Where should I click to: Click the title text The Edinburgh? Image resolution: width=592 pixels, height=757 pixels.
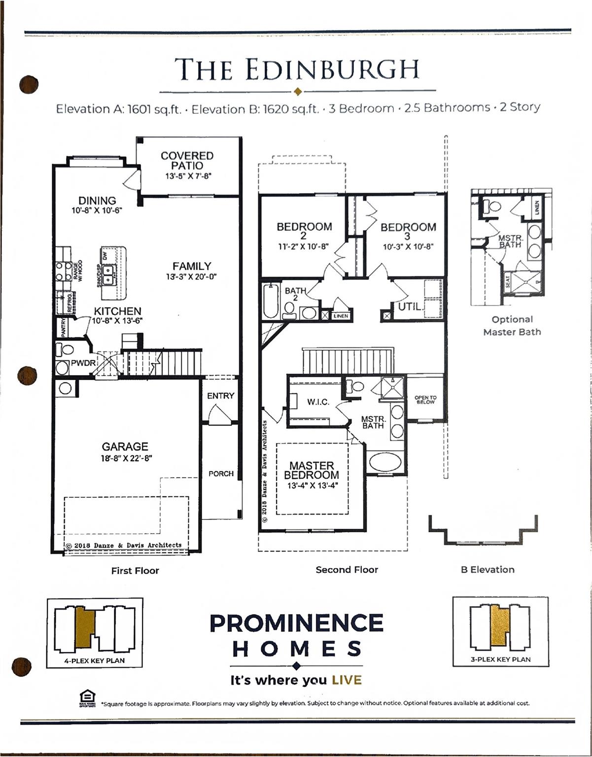coord(297,69)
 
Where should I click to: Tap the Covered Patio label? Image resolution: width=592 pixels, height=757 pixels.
coord(187,161)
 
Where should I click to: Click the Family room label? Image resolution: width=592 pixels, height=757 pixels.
coord(192,266)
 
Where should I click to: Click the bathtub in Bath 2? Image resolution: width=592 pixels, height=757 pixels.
coord(271,301)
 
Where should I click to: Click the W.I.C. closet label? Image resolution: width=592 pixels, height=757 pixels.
coord(318,402)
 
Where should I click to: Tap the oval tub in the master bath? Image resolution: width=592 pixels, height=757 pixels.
coord(385,462)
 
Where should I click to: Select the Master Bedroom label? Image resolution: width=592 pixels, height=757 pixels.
coord(312,470)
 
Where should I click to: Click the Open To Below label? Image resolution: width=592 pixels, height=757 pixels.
coord(425,400)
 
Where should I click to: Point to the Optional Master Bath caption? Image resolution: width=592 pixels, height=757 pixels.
coord(512,326)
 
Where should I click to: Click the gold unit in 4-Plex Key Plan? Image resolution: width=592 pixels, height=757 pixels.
coord(85,626)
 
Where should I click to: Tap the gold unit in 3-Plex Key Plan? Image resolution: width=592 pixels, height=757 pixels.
coord(499,625)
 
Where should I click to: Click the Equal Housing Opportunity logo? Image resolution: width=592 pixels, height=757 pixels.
coord(87,698)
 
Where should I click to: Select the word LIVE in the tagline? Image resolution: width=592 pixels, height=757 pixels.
coord(347,681)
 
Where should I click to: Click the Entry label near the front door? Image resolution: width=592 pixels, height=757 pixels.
coord(220,396)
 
